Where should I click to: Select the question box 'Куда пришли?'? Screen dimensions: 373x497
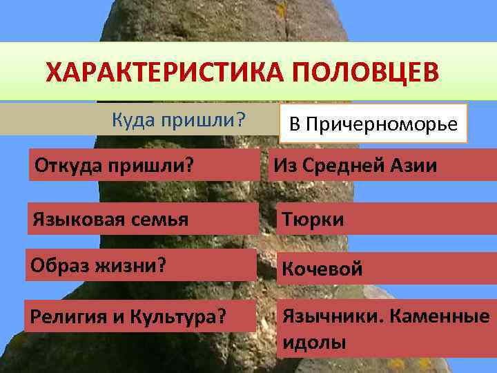(x=178, y=119)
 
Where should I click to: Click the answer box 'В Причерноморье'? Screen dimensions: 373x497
(x=373, y=124)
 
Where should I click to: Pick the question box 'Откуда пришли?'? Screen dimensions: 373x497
(x=144, y=166)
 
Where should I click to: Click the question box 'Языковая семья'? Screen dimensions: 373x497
(x=141, y=219)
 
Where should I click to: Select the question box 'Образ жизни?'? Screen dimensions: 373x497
(x=140, y=265)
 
